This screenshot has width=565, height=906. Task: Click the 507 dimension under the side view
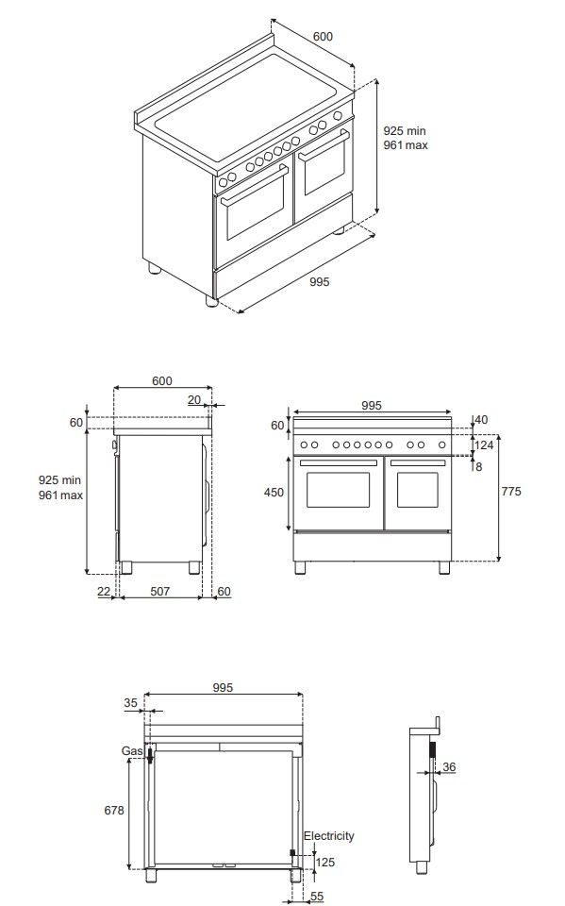[x=160, y=592]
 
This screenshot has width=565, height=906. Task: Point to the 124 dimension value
[x=485, y=445]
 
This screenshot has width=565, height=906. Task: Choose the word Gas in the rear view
[x=132, y=750]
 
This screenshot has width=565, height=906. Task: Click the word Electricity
[x=328, y=836]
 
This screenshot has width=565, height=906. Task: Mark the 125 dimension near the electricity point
[x=324, y=862]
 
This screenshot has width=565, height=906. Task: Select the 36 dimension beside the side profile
[x=449, y=767]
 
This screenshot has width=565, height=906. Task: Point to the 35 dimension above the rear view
[x=130, y=702]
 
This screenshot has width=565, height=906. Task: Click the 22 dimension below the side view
[x=104, y=592]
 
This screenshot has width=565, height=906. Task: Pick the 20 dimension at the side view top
[x=194, y=400]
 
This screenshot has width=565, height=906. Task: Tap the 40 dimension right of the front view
[x=481, y=420]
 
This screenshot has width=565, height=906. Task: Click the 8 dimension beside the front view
[x=479, y=466]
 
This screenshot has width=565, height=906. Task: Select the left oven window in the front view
[x=338, y=490]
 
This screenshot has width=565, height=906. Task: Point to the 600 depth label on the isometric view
[x=323, y=36]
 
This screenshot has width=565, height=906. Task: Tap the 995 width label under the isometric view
[x=319, y=281]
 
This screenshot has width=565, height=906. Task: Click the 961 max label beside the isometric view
[x=406, y=146]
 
